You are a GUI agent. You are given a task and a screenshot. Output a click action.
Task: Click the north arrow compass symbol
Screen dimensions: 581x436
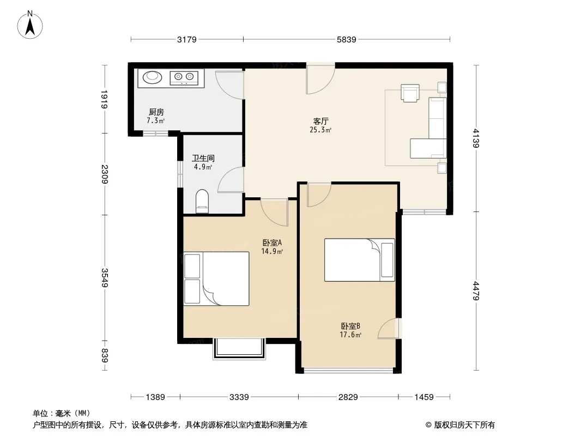click(x=30, y=25)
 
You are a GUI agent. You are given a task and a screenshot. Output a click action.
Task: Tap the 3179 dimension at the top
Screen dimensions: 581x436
click(x=187, y=39)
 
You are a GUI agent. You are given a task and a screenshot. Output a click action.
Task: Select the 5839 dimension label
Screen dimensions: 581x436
click(x=347, y=39)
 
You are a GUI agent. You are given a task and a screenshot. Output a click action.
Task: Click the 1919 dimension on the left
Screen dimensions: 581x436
click(x=104, y=99)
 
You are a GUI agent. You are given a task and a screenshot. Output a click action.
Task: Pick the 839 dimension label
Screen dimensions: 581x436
click(x=104, y=356)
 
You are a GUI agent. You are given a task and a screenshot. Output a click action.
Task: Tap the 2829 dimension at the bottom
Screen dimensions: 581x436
click(x=348, y=397)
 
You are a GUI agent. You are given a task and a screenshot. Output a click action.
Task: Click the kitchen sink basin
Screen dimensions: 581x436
click(x=152, y=77)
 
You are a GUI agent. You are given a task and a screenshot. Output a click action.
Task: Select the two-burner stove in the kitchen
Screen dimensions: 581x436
click(x=184, y=77)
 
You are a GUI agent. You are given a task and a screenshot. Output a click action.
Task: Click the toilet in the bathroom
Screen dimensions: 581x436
click(x=202, y=201)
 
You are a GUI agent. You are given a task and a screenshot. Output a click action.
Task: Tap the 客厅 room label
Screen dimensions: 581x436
click(x=321, y=121)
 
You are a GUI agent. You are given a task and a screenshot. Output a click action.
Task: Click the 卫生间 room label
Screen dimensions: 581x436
click(x=203, y=158)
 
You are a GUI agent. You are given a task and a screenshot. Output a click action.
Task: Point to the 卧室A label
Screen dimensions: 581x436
click(x=273, y=243)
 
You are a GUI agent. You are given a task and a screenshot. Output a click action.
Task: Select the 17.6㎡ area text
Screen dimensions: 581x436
click(x=350, y=335)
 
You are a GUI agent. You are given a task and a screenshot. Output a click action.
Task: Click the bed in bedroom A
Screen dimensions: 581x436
click(x=216, y=278)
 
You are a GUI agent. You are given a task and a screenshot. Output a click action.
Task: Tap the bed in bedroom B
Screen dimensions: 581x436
click(x=359, y=259)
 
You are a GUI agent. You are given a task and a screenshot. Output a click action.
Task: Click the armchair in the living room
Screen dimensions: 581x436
click(x=410, y=93)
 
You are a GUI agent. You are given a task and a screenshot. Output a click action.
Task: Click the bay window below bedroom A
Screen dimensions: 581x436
click(x=239, y=349)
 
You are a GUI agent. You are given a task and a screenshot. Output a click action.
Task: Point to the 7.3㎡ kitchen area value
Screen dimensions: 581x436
click(x=156, y=120)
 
